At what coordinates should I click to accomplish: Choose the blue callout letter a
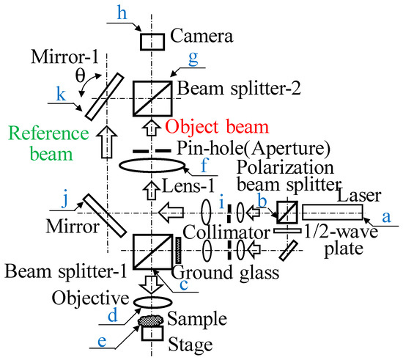pos(387,218)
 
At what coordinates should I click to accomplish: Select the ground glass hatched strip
pos(178,251)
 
